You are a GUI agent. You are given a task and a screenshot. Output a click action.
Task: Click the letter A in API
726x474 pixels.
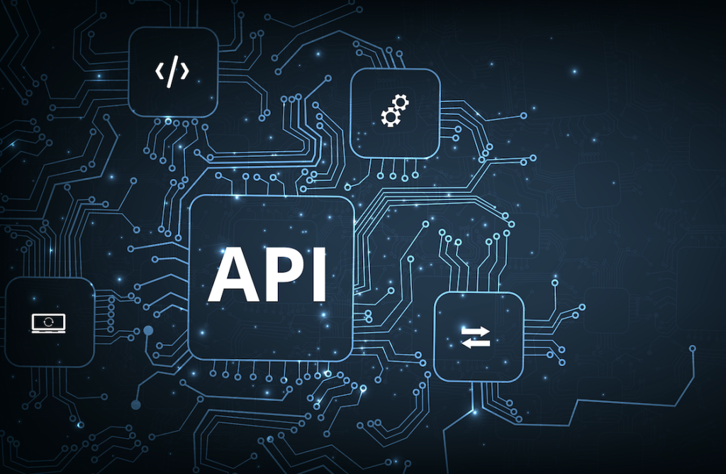point(233,275)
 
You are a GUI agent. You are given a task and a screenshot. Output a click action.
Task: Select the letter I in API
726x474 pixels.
point(320,275)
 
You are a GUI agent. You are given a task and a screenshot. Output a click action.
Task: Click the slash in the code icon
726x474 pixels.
point(172,72)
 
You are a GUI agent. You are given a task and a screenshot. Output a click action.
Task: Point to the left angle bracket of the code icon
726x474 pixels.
point(160,72)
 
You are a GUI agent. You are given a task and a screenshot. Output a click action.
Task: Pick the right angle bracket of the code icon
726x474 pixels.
point(185,72)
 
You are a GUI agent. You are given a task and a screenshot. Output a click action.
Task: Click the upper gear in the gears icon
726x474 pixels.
point(401,102)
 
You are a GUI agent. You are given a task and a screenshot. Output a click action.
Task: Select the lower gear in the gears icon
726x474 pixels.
point(391,117)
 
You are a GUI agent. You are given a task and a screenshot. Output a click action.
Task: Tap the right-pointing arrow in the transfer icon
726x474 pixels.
point(476,331)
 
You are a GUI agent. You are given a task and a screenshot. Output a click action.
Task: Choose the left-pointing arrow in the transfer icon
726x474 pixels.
point(476,343)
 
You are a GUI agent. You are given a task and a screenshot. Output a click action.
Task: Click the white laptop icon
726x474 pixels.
point(49,323)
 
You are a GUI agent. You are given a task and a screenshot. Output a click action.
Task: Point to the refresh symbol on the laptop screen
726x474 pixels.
point(49,321)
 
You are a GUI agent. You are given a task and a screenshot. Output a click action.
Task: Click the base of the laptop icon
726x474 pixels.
point(49,331)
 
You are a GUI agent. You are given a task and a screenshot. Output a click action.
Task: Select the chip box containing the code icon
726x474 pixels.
point(173,72)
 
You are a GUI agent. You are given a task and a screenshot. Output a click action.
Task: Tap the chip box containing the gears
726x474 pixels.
point(395,114)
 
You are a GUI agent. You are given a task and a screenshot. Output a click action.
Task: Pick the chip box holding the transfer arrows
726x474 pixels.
point(479,337)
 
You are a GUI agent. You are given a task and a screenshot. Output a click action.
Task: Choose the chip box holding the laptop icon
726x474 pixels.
point(50,322)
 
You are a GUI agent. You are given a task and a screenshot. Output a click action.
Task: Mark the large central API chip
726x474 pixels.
point(272,278)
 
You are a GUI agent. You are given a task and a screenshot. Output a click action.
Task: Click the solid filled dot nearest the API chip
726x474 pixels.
point(148,331)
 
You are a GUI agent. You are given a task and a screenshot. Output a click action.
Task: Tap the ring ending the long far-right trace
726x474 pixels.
point(693,348)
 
